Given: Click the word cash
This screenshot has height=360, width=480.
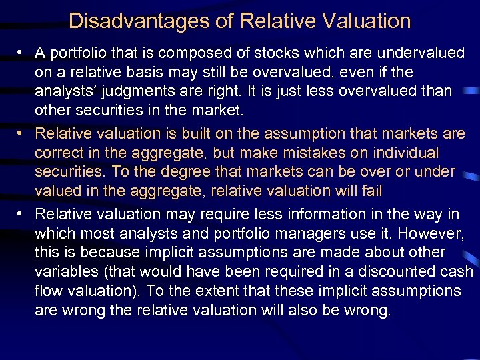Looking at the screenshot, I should pos(457,273).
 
